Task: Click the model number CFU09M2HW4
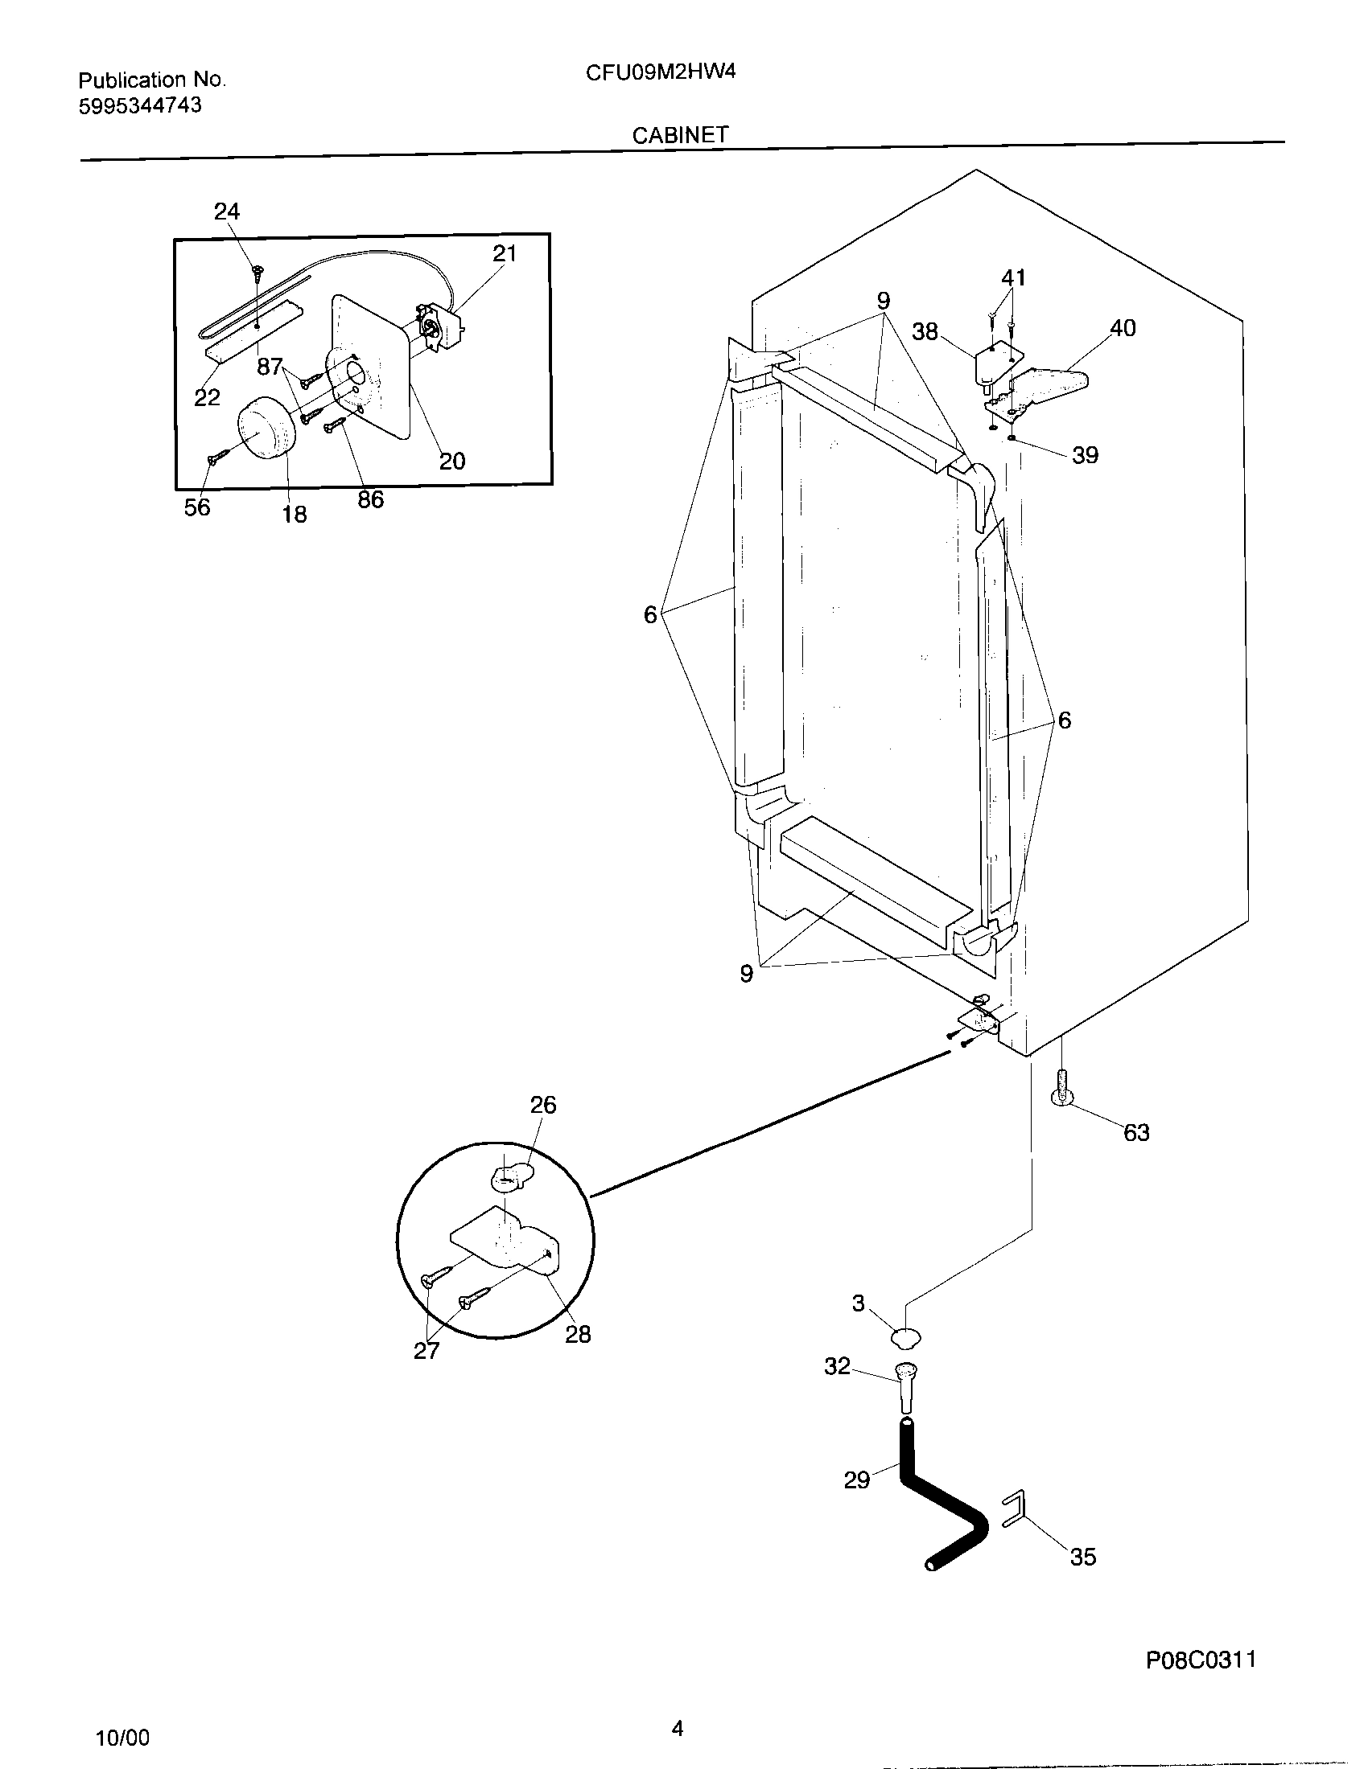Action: [x=661, y=72]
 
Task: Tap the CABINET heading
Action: [x=680, y=135]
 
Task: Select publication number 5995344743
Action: [x=139, y=105]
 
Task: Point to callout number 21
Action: [x=504, y=253]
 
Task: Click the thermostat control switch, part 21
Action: [x=439, y=329]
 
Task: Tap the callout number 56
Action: [x=197, y=508]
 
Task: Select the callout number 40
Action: [x=1123, y=328]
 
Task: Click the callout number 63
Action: [x=1136, y=1132]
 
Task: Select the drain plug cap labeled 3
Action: [x=906, y=1337]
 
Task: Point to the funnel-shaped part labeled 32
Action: [x=907, y=1389]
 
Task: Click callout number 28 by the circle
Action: [x=578, y=1334]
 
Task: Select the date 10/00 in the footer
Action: [x=122, y=1738]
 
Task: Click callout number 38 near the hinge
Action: [x=925, y=331]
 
